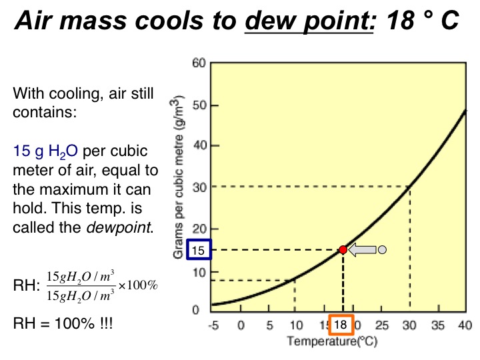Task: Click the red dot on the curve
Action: (343, 249)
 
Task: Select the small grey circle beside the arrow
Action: (382, 250)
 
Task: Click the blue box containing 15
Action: (198, 250)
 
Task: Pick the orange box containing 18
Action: (341, 325)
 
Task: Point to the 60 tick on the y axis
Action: (198, 63)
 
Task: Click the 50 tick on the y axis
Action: (198, 105)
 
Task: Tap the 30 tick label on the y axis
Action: (198, 187)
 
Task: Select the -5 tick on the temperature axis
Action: (213, 325)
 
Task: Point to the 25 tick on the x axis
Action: (382, 325)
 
